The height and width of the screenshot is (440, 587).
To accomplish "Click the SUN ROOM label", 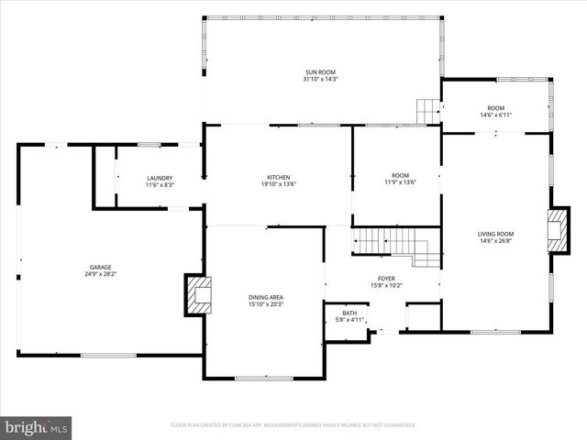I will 321,71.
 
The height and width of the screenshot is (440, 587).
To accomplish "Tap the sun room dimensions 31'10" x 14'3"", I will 321,80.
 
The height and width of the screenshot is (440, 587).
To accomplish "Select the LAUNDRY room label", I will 160,178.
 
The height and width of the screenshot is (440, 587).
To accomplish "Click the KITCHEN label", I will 279,177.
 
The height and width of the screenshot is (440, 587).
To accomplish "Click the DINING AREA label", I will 266,297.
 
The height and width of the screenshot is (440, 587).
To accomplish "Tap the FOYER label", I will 386,278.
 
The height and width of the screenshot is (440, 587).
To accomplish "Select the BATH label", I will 349,313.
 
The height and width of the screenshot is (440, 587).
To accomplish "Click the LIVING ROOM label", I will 495,234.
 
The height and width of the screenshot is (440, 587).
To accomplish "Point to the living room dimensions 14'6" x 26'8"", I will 495,242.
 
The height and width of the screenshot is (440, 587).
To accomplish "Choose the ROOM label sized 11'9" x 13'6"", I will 400,175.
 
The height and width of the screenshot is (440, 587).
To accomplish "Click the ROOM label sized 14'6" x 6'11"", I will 495,107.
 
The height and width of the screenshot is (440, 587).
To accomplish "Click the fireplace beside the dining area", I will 197,294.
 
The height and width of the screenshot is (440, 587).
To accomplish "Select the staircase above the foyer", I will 394,244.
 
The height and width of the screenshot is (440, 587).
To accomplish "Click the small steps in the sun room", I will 428,110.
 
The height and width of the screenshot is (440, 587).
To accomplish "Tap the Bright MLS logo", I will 37,426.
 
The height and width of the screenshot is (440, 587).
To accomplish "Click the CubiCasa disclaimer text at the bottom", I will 293,425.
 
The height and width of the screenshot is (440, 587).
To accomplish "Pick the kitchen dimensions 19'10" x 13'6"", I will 279,185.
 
